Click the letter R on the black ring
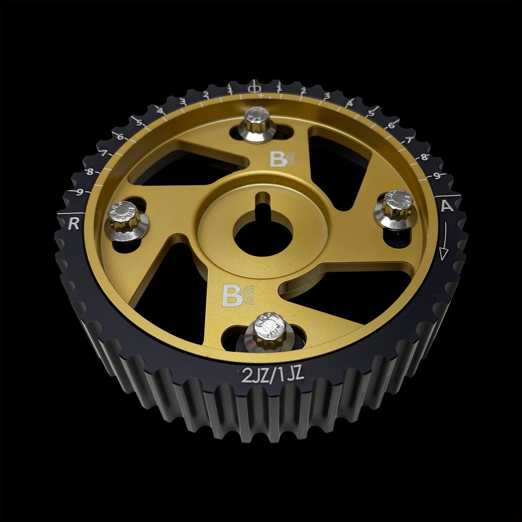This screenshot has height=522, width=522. [74, 224]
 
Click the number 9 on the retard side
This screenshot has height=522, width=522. [81, 192]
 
